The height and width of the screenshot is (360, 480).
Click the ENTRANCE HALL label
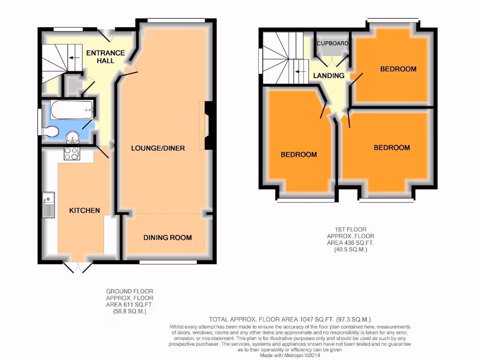[105, 57]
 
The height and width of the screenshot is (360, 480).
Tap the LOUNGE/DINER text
[158, 148]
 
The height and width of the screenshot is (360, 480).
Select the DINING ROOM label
[167, 238]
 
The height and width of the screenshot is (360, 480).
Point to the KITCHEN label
[85, 210]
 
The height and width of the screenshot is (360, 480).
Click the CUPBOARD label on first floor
[333, 44]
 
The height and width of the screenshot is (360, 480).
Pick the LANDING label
[329, 75]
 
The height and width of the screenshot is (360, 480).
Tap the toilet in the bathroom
[51, 130]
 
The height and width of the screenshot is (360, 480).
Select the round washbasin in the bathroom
[73, 136]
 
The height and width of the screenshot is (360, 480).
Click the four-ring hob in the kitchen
[72, 154]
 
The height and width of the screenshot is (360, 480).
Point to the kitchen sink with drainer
[49, 205]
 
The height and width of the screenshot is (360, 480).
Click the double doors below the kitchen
[78, 267]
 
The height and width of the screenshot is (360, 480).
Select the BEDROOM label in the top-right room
[398, 69]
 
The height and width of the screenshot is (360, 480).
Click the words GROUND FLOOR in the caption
[129, 292]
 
